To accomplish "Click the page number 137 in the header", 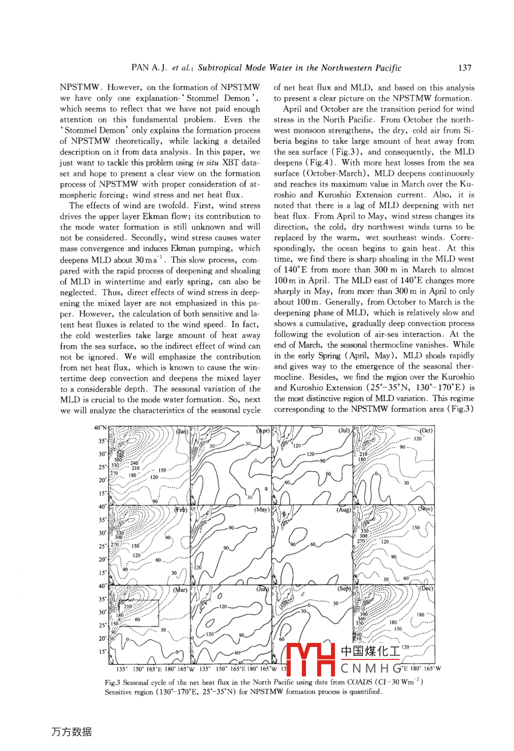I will point(465,68).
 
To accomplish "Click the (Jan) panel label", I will point(182,432).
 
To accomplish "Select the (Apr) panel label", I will point(263,431).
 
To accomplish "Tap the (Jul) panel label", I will point(344,431).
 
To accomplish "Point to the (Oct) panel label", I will point(426,431).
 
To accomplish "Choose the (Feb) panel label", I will point(181,510).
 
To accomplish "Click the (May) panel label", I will point(262,510).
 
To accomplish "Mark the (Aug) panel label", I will point(343,510).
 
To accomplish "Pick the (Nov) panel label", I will point(425,509).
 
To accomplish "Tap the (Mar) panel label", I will point(180,589).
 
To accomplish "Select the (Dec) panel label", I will point(426,589).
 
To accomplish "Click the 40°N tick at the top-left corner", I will point(100,428).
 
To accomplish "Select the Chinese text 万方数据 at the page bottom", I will point(71,732).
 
